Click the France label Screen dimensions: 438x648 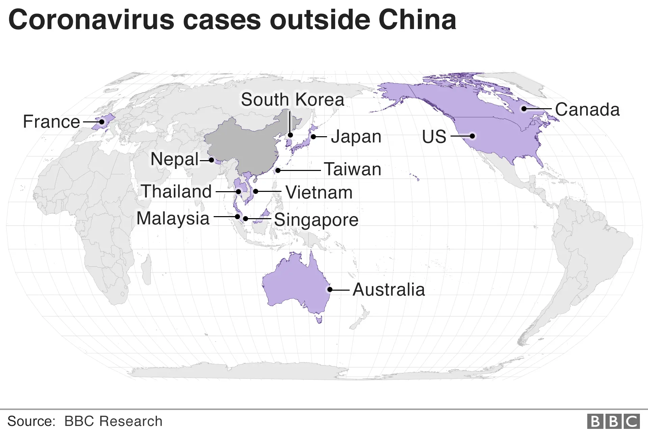pos(51,121)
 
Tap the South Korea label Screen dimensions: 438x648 pos(292,99)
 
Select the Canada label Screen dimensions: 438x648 pos(587,110)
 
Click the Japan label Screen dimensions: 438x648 pos(356,137)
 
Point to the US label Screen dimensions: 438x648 pos(434,137)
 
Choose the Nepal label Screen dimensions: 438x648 pos(174,159)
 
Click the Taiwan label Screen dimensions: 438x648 pos(352,169)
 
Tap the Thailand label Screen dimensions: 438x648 pos(176,191)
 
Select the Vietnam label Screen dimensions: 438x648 pos(319,192)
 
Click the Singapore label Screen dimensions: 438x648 pos(316,220)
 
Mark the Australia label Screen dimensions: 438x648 pos(388,289)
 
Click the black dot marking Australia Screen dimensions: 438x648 pos(330,289)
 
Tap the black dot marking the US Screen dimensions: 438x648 pos(473,136)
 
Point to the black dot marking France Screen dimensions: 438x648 pos(102,122)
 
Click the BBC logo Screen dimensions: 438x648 pos(613,421)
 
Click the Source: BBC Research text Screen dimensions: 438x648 pos(85,421)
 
